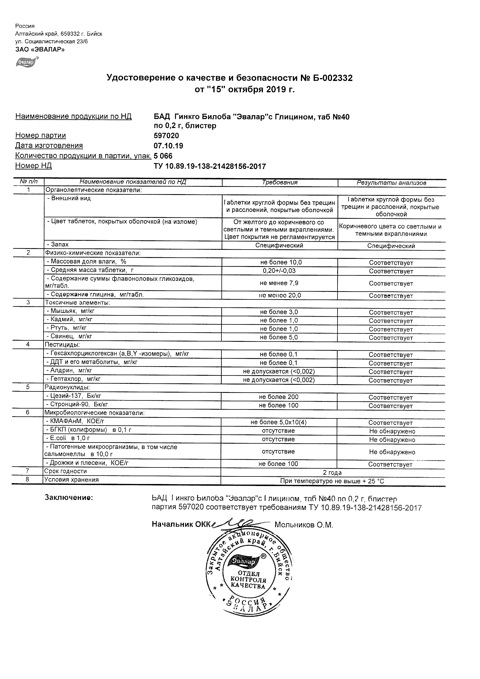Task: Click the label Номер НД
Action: pos(33,166)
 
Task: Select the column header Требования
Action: pos(279,183)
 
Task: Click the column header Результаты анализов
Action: pos(391,183)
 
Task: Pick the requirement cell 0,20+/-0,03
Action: pos(279,271)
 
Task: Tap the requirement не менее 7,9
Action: pos(279,283)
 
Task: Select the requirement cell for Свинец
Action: pos(279,337)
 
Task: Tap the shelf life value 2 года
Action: pos(332,473)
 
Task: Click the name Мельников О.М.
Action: pos(304,525)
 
